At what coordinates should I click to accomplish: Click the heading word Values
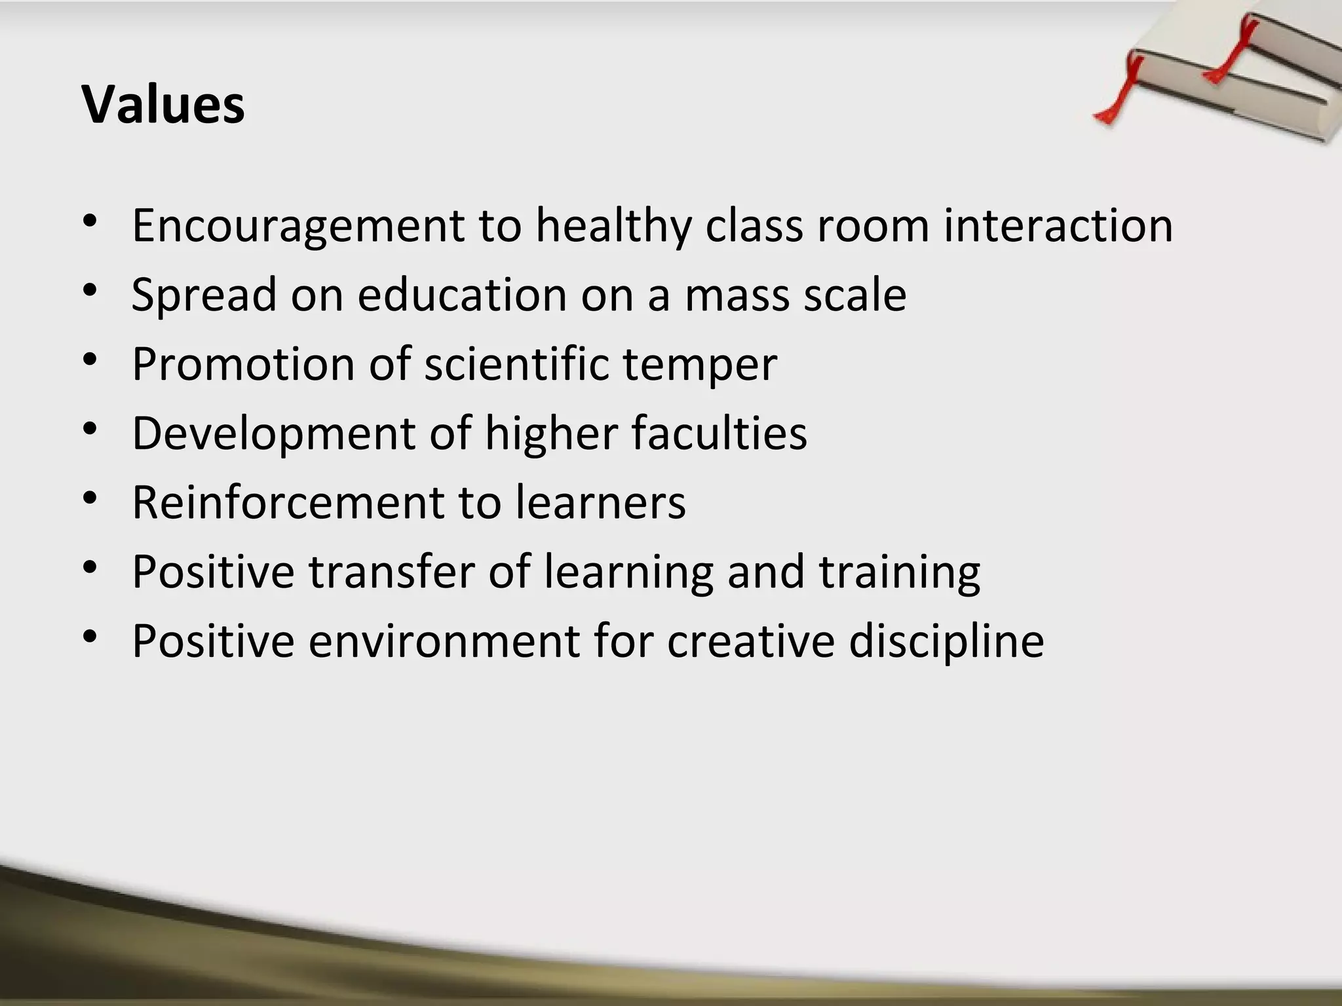[x=163, y=105]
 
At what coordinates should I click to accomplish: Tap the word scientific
[x=517, y=364]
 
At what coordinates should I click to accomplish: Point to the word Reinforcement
[x=288, y=503]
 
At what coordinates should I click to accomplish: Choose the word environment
[x=444, y=641]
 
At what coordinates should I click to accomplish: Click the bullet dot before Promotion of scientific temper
[x=90, y=362]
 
